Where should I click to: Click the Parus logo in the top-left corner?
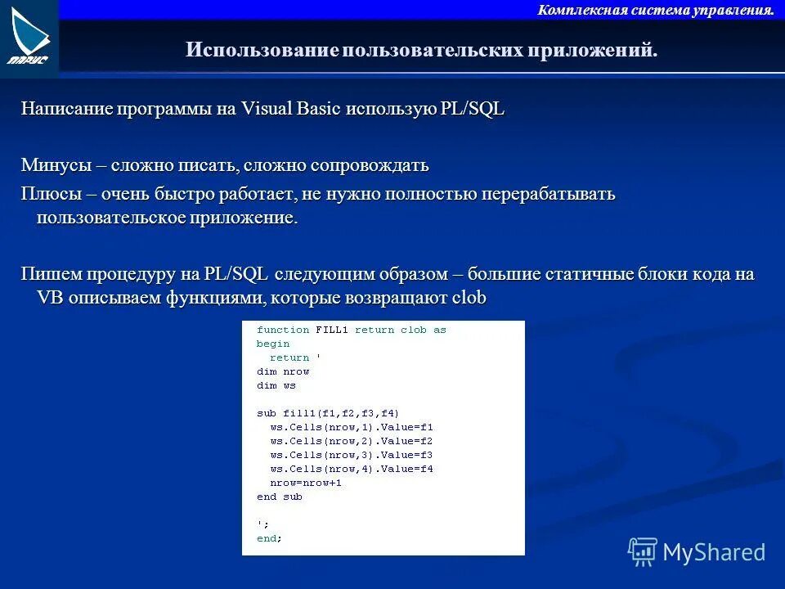tap(29, 38)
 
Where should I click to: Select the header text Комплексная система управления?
tap(656, 10)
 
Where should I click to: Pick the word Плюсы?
tap(50, 195)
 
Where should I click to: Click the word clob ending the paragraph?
tap(469, 298)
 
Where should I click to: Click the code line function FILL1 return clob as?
tap(351, 330)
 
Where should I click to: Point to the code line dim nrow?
tap(283, 371)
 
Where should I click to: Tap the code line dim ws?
tap(276, 385)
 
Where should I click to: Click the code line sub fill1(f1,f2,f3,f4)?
tap(327, 413)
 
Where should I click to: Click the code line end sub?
tap(279, 497)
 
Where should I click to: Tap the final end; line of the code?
tap(268, 538)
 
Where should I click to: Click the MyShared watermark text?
tap(713, 552)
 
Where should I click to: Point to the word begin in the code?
tap(272, 344)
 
